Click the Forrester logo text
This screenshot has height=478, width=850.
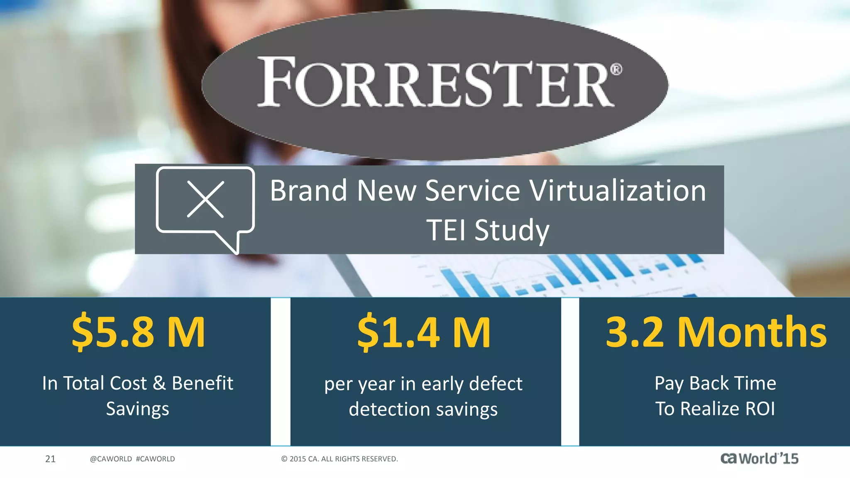pyautogui.click(x=436, y=82)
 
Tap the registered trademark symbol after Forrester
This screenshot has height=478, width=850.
pyautogui.click(x=617, y=69)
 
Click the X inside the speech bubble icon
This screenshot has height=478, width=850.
pyautogui.click(x=205, y=199)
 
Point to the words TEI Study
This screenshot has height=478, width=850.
pyautogui.click(x=488, y=230)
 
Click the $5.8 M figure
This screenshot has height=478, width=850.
pyautogui.click(x=138, y=332)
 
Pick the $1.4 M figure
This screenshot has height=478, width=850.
pyautogui.click(x=424, y=332)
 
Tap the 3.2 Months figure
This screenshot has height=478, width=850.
pyautogui.click(x=716, y=332)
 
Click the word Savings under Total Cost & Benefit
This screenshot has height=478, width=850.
pyautogui.click(x=137, y=409)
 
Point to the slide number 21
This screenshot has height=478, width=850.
pyautogui.click(x=50, y=459)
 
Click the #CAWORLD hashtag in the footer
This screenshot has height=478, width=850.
pyautogui.click(x=155, y=459)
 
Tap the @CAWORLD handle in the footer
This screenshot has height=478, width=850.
pyautogui.click(x=111, y=459)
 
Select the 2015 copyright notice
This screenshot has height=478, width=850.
pyautogui.click(x=340, y=459)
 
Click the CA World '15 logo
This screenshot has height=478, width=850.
pyautogui.click(x=759, y=458)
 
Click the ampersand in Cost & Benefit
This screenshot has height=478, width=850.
pyautogui.click(x=159, y=383)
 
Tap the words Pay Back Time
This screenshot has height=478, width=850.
pyautogui.click(x=715, y=383)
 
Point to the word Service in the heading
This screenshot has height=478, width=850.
pyautogui.click(x=472, y=191)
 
